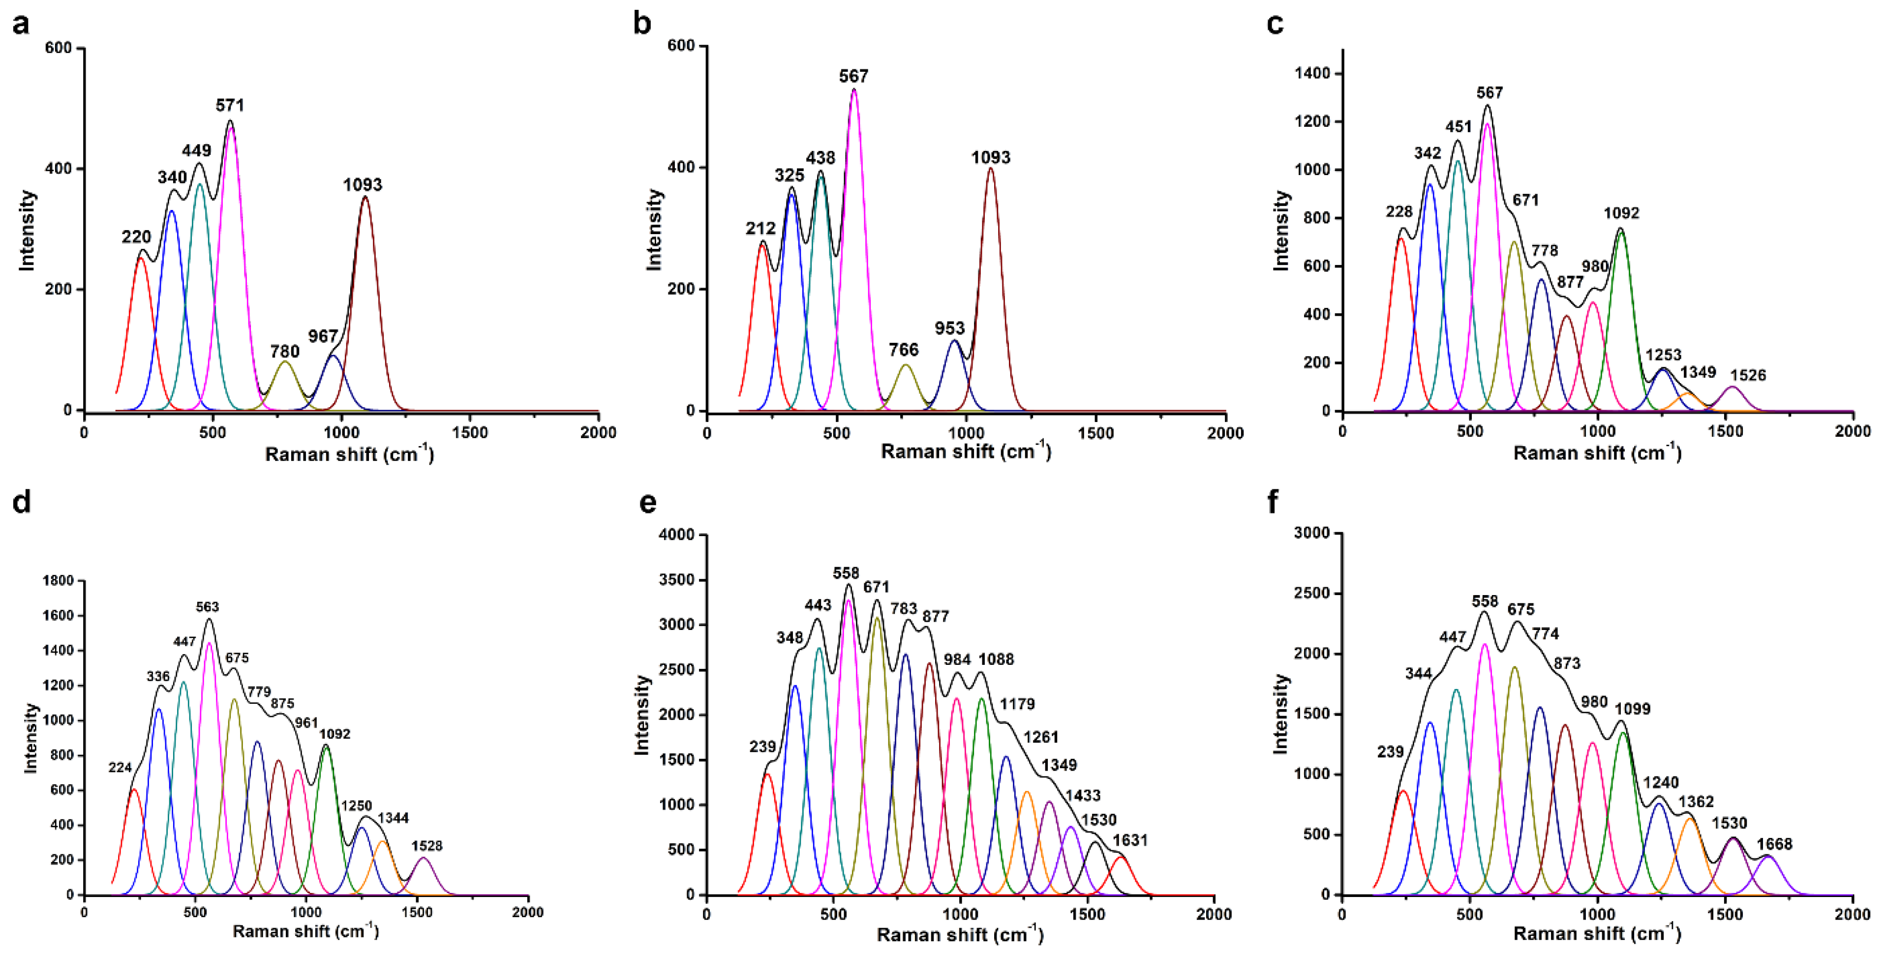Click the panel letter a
pos(21,24)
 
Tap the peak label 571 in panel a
pos(230,105)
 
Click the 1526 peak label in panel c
pos(1747,375)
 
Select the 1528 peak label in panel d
pos(426,845)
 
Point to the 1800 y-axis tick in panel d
pos(59,580)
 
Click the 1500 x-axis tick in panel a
pos(470,432)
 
